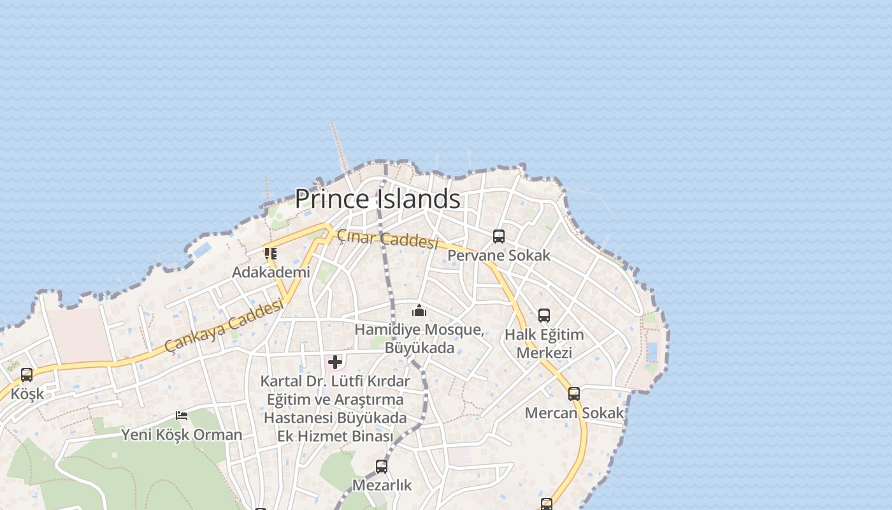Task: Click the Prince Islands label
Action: (377, 199)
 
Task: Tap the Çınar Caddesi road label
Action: (387, 239)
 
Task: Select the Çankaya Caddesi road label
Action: (224, 326)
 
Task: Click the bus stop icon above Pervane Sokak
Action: (499, 237)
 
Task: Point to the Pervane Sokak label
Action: (499, 256)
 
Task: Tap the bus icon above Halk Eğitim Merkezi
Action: (544, 316)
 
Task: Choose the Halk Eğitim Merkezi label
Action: (544, 344)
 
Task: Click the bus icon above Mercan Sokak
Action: (574, 394)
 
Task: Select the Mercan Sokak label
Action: (574, 413)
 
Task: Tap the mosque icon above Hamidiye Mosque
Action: (419, 310)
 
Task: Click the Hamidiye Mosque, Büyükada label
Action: (419, 339)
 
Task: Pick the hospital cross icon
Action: (335, 363)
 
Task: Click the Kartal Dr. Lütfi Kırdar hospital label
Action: (335, 409)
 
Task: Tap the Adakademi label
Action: (271, 272)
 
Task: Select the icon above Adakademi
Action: (271, 254)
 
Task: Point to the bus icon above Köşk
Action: (27, 375)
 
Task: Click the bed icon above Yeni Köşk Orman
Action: (182, 416)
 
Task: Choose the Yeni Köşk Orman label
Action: (182, 435)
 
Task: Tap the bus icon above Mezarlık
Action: (382, 467)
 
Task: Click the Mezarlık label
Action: (382, 485)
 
